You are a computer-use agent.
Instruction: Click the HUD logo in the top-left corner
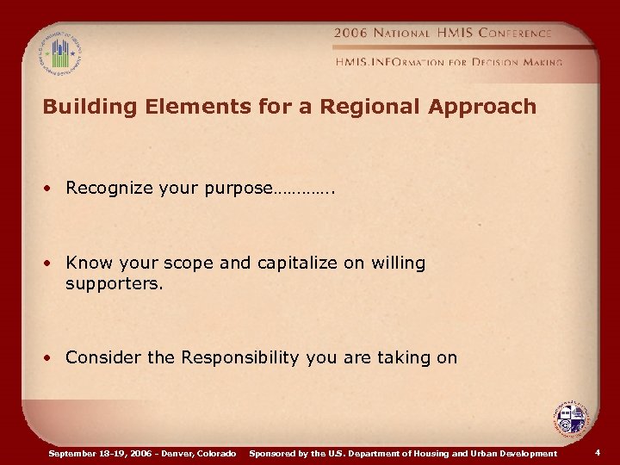pyautogui.click(x=59, y=51)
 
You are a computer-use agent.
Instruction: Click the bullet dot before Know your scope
pyautogui.click(x=54, y=263)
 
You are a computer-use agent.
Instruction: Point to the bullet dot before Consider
pyautogui.click(x=54, y=357)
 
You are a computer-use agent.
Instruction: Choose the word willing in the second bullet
pyautogui.click(x=398, y=263)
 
